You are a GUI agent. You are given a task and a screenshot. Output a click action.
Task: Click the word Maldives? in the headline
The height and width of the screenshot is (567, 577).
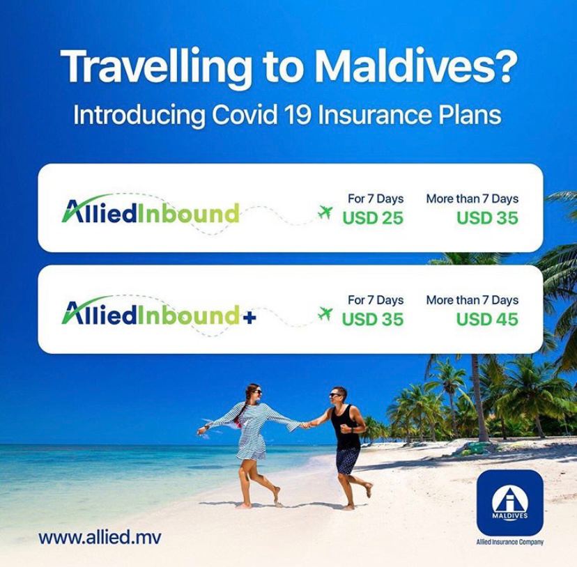pyautogui.click(x=416, y=67)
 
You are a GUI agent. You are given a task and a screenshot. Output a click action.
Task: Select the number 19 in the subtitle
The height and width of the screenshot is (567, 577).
pyautogui.click(x=298, y=114)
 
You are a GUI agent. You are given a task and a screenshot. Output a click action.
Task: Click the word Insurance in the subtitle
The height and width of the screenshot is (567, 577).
pyautogui.click(x=374, y=114)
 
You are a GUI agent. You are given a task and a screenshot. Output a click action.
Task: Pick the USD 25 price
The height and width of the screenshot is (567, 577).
pyautogui.click(x=373, y=218)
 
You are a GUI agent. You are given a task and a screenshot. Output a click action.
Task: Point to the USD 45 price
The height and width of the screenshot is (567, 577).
pyautogui.click(x=487, y=319)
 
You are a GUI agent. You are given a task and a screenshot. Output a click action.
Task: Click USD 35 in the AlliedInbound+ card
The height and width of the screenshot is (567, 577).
pyautogui.click(x=373, y=319)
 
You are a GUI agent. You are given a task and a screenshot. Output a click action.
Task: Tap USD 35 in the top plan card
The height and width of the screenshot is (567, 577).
pyautogui.click(x=487, y=218)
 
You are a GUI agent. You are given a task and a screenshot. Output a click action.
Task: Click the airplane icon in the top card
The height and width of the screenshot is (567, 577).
pyautogui.click(x=325, y=212)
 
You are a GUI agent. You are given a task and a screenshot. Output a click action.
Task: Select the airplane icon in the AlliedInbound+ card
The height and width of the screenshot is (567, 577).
pyautogui.click(x=325, y=313)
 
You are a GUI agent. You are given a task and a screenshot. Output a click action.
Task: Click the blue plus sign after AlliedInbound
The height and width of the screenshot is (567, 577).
pyautogui.click(x=249, y=318)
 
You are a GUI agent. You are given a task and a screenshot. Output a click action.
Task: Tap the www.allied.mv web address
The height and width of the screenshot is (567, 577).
pyautogui.click(x=100, y=537)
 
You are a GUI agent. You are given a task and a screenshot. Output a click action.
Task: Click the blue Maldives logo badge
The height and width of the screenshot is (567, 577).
pyautogui.click(x=509, y=503)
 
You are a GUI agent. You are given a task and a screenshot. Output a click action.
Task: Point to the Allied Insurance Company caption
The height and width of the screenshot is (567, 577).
pyautogui.click(x=509, y=542)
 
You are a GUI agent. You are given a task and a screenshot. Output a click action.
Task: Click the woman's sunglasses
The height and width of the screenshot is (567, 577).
pyautogui.click(x=257, y=391)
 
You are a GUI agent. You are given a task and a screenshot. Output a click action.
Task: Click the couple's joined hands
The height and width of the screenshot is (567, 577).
pyautogui.click(x=305, y=426)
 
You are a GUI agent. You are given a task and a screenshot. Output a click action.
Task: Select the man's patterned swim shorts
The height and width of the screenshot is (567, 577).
pyautogui.click(x=347, y=460)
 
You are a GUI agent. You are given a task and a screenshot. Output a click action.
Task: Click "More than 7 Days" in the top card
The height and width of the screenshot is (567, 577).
pyautogui.click(x=472, y=199)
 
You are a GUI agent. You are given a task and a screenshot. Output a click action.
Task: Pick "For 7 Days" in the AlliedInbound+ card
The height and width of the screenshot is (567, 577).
pyautogui.click(x=376, y=300)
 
